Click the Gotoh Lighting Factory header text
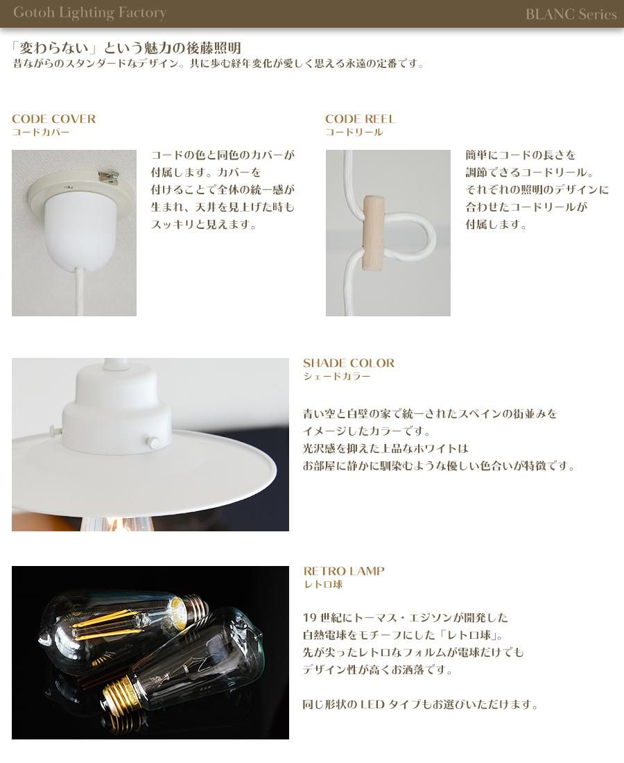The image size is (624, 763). pyautogui.click(x=89, y=13)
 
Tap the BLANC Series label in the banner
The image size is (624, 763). pyautogui.click(x=571, y=14)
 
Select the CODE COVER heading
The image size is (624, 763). pyautogui.click(x=53, y=119)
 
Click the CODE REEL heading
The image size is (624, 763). pyautogui.click(x=360, y=119)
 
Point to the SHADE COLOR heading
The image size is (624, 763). pyautogui.click(x=349, y=363)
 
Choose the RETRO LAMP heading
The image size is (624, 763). pyautogui.click(x=344, y=571)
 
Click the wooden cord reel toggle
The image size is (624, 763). pyautogui.click(x=373, y=232)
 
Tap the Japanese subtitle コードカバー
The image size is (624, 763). pyautogui.click(x=41, y=132)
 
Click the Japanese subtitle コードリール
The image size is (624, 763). pyautogui.click(x=354, y=132)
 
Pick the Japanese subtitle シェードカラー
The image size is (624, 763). pyautogui.click(x=336, y=376)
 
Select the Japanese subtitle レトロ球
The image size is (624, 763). pyautogui.click(x=323, y=584)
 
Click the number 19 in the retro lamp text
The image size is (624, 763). pyautogui.click(x=310, y=617)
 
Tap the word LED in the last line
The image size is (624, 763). pyautogui.click(x=372, y=704)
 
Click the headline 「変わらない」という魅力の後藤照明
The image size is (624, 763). pyautogui.click(x=126, y=48)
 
